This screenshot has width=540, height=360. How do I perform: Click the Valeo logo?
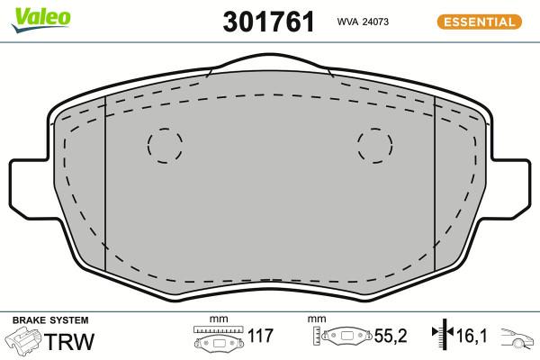[x=41, y=19]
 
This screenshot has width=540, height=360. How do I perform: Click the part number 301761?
[x=268, y=22]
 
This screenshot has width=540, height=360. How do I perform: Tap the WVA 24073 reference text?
[x=363, y=22]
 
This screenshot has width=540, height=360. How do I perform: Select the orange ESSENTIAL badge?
[x=480, y=22]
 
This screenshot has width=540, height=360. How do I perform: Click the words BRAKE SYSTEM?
[x=50, y=320]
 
